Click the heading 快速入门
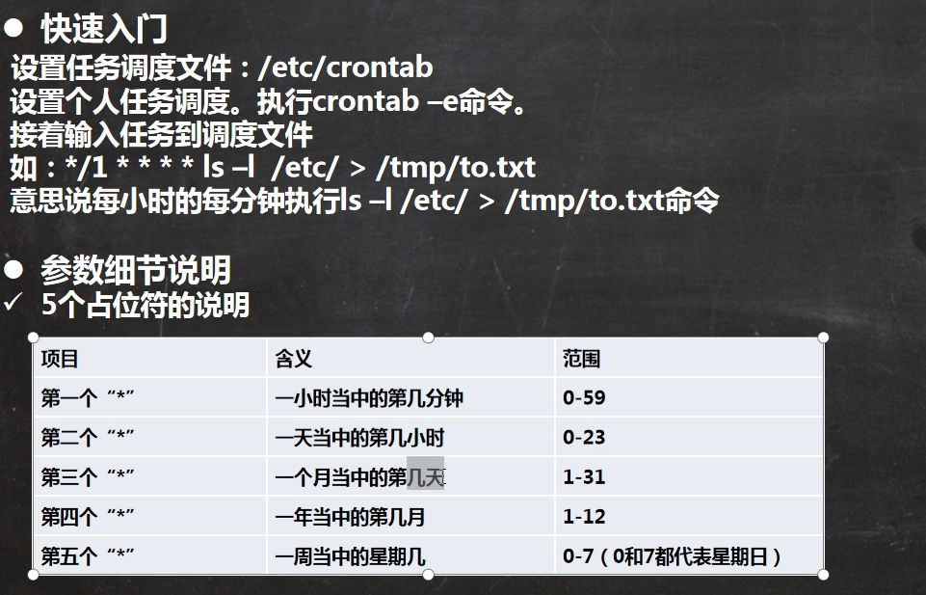tap(104, 29)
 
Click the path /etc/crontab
tap(346, 68)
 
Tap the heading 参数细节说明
tap(136, 271)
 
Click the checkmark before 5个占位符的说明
tap(13, 303)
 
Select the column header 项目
tap(60, 359)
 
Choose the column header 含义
tap(294, 359)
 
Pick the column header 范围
tap(582, 359)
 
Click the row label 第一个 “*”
tap(88, 397)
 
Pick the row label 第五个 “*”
tap(88, 556)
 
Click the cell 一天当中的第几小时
tap(359, 438)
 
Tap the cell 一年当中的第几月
tap(350, 517)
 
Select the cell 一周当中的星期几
tap(350, 556)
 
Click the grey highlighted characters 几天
tap(425, 473)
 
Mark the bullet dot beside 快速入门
tap(13, 29)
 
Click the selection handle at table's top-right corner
tap(823, 338)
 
